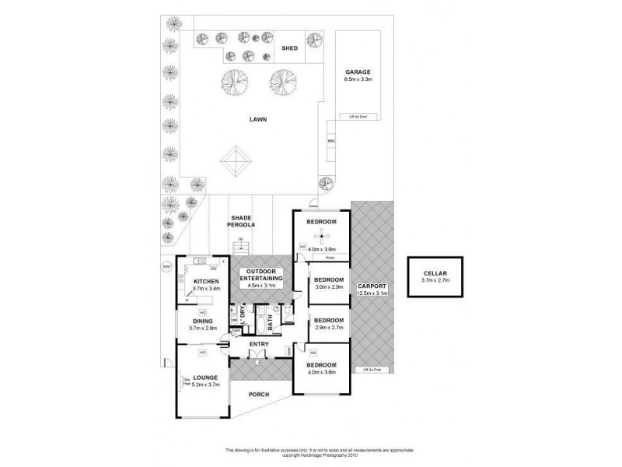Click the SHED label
289,48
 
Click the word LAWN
258,120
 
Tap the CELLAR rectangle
435,276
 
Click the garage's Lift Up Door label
358,117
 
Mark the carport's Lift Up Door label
371,369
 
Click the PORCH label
259,395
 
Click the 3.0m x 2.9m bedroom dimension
329,286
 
